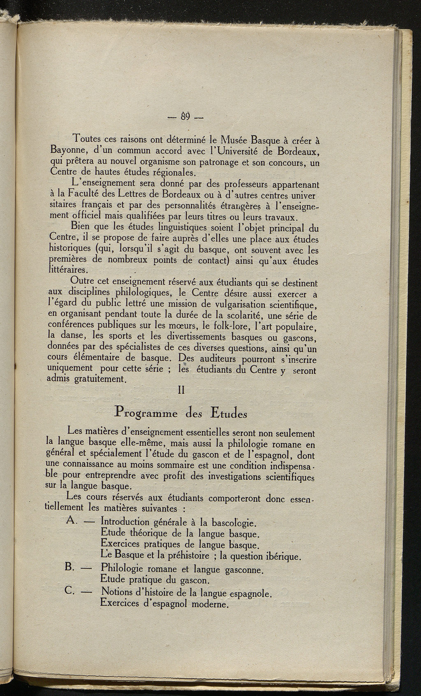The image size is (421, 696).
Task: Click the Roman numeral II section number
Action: tap(180, 391)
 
